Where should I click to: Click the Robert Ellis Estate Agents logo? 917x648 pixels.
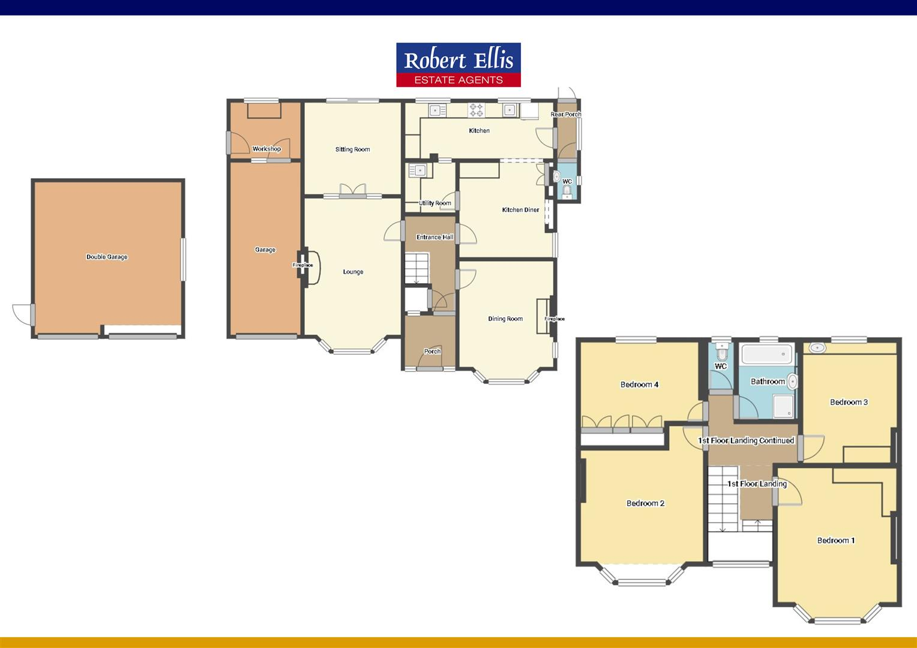pos(458,65)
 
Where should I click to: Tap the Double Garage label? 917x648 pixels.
pos(107,257)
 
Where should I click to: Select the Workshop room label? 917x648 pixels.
pos(266,149)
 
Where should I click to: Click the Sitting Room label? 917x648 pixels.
pos(352,149)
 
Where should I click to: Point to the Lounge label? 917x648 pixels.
pos(353,272)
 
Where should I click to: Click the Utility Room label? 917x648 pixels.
pos(435,203)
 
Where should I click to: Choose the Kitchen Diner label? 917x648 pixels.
pos(520,210)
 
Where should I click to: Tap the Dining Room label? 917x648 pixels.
pos(505,319)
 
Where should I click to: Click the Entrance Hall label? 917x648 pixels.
pos(434,237)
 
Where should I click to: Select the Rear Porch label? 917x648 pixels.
pos(566,114)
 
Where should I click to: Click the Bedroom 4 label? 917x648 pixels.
pos(639,385)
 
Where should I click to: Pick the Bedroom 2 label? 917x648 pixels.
pos(645,503)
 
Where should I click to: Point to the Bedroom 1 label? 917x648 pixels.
pos(836,541)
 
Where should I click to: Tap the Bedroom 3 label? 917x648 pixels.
pos(849,402)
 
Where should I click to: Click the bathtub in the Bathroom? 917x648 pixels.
pos(767,354)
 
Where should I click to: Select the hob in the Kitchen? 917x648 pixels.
pos(476,110)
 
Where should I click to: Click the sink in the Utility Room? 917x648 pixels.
pos(417,170)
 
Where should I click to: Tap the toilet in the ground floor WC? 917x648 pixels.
pos(567,191)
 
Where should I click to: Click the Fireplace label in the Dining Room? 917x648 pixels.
pos(555,319)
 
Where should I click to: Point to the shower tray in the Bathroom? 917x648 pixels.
pos(783,406)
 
